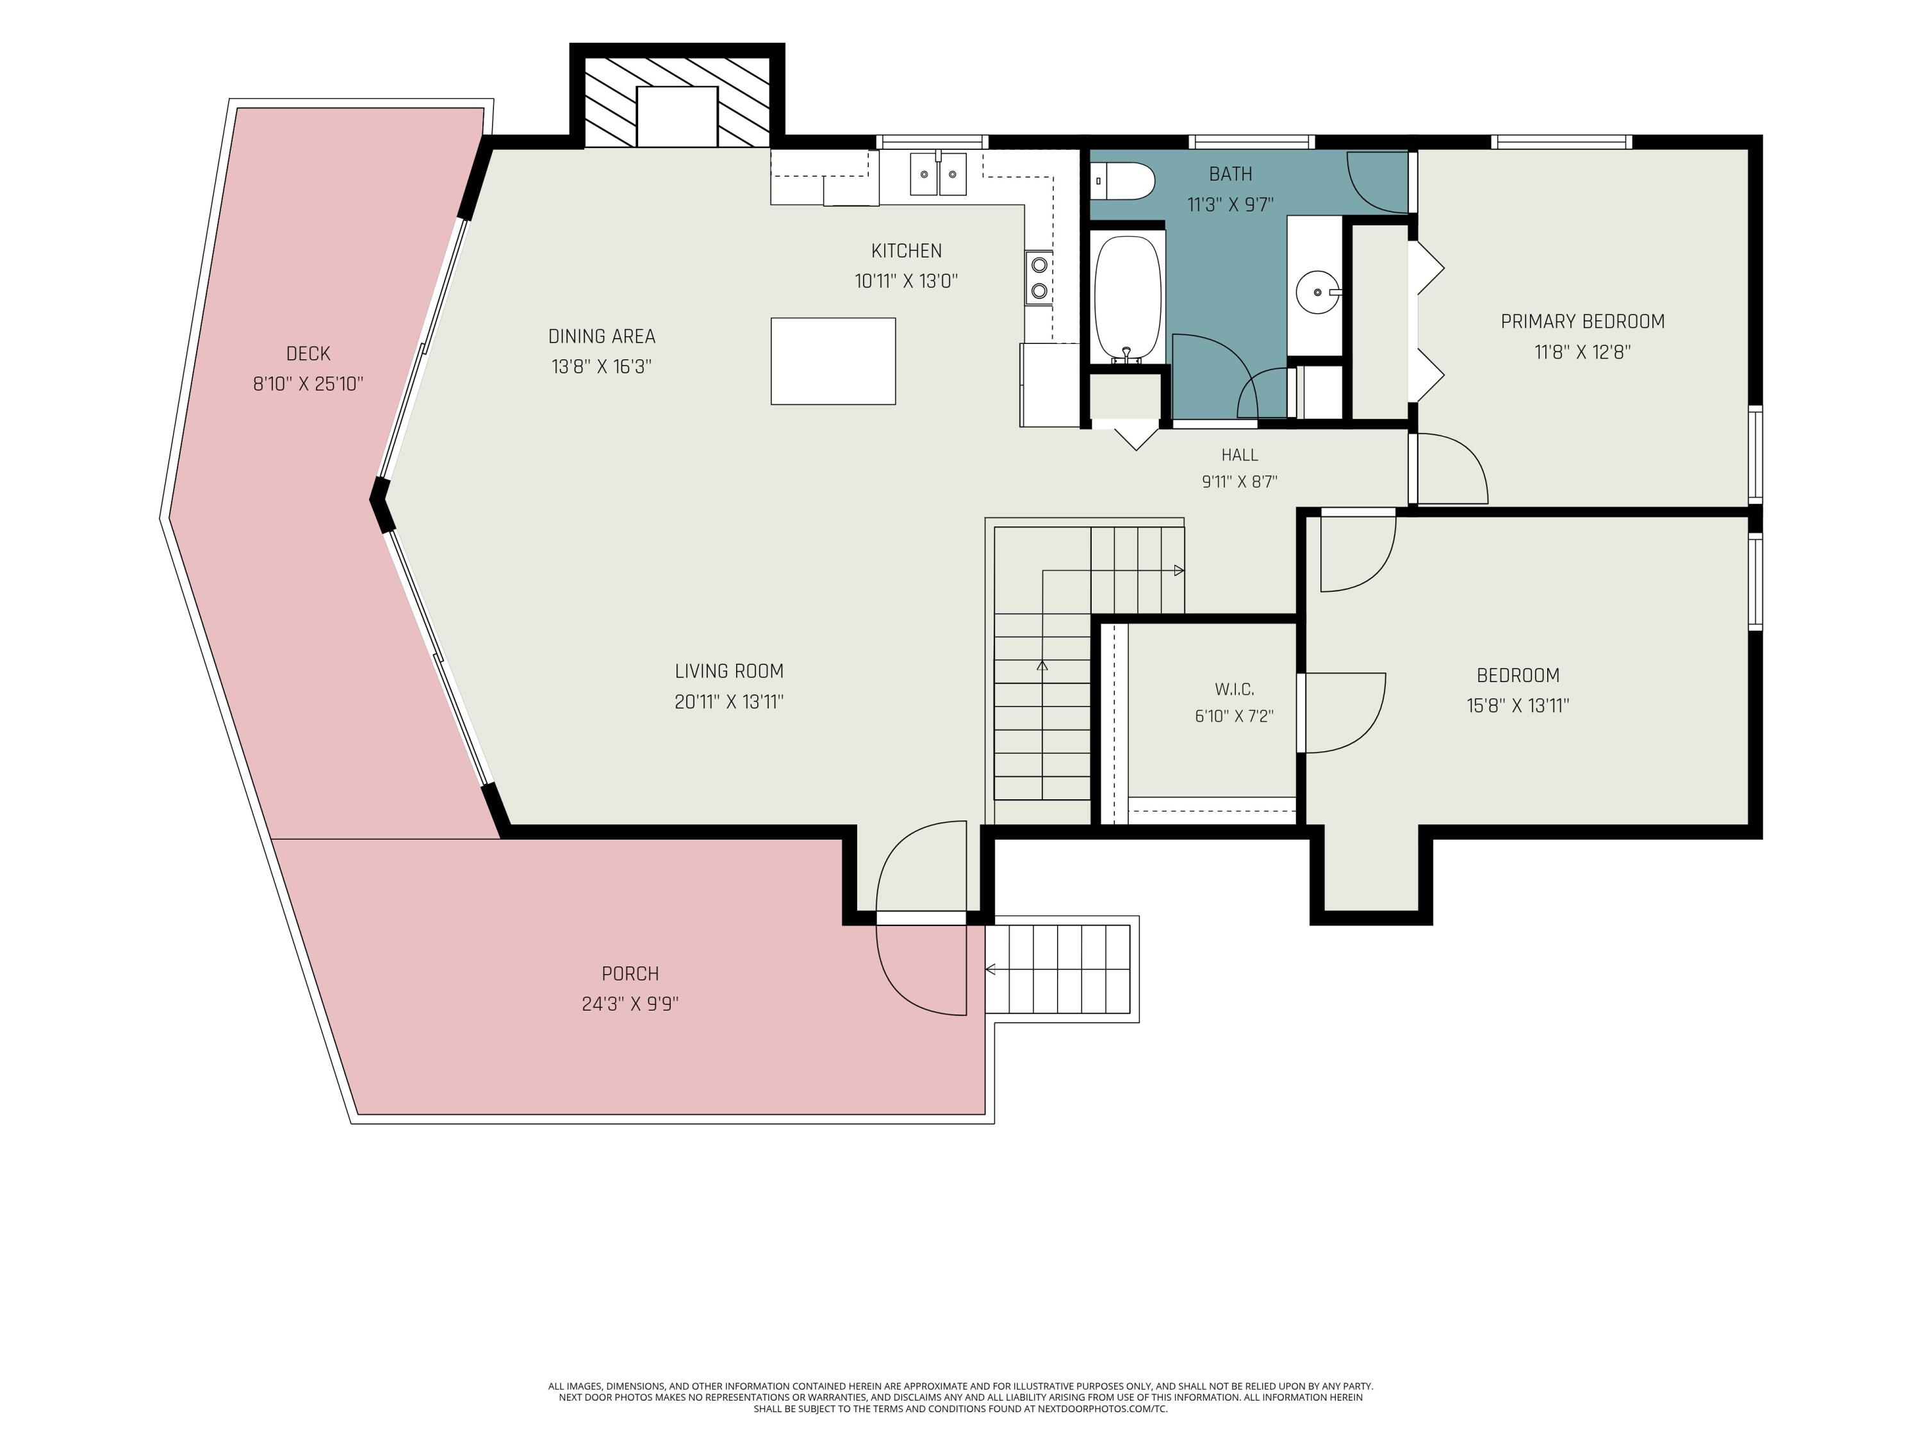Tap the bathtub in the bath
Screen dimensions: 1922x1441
[x=1128, y=299]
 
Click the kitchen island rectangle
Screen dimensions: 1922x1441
[x=834, y=361]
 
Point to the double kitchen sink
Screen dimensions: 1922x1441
[x=939, y=174]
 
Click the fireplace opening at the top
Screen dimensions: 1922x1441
[x=677, y=117]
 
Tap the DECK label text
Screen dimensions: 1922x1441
[x=308, y=354]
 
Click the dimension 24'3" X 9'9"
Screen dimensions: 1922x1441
[x=630, y=1004]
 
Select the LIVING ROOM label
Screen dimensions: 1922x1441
[x=729, y=671]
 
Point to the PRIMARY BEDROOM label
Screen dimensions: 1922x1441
[x=1583, y=322]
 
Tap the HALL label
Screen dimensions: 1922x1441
[x=1240, y=454]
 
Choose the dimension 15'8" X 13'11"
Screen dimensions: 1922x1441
[x=1518, y=705]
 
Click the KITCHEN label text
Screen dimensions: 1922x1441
[x=907, y=251]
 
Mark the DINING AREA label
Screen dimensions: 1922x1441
[x=602, y=336]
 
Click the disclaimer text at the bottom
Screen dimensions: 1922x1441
[x=960, y=1397]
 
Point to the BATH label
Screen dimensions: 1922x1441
[x=1230, y=174]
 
